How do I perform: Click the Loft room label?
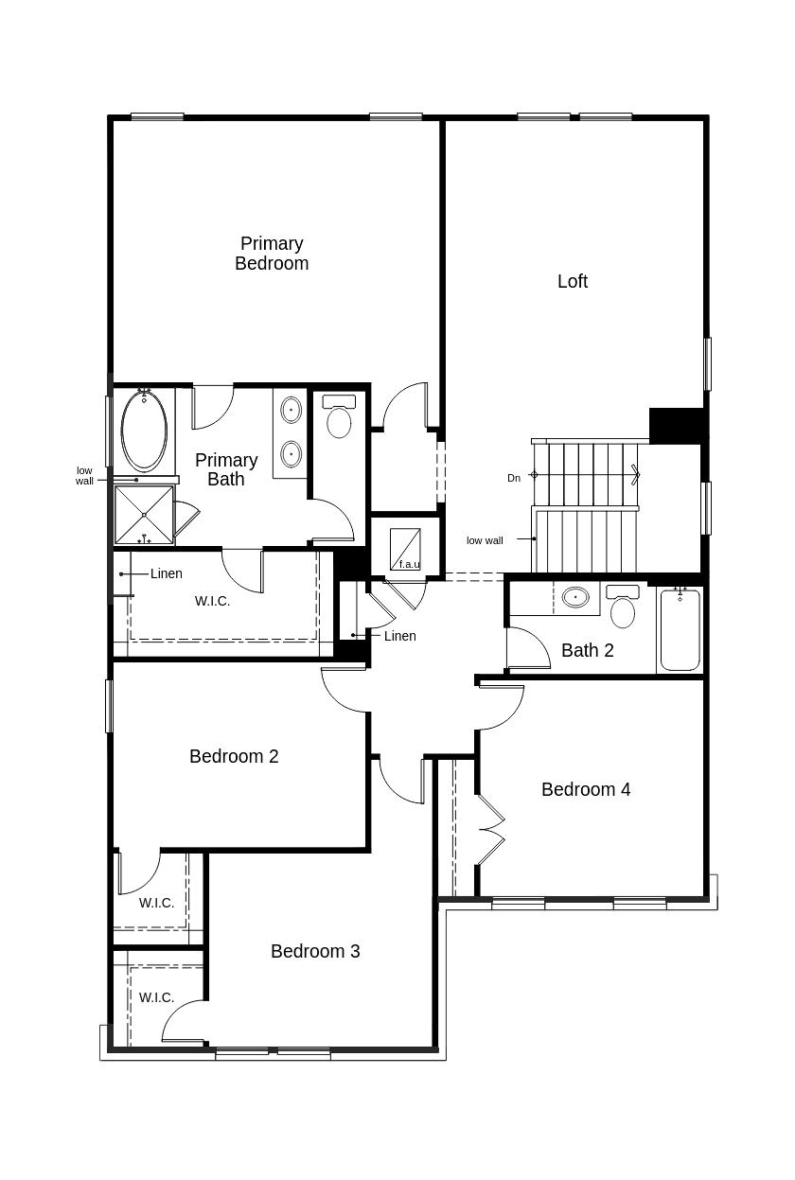pos(573,281)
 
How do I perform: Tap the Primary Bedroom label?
pos(272,254)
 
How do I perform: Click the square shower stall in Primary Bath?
pos(144,515)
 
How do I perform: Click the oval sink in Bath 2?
pos(575,597)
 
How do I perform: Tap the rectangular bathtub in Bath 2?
pos(680,630)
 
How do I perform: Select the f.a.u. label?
pos(410,565)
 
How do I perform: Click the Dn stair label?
pos(514,478)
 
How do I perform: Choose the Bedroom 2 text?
pos(234,756)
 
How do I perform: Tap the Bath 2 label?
pos(588,651)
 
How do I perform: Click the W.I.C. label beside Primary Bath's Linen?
pos(212,601)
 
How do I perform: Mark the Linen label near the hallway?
pos(400,636)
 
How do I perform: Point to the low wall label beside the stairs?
pos(485,540)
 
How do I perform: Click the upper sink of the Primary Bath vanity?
pos(291,410)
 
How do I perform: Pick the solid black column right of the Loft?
pos(676,426)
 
